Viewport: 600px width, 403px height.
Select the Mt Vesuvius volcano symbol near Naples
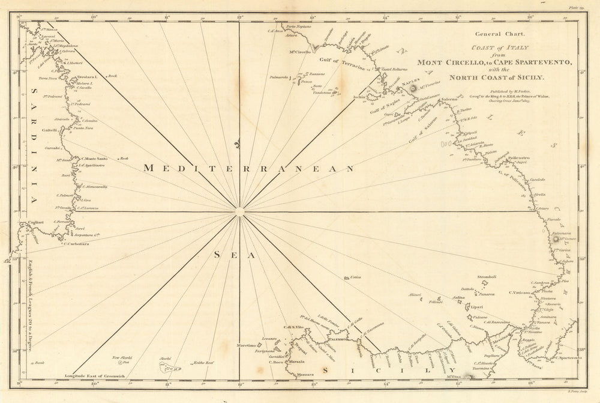click(x=413, y=89)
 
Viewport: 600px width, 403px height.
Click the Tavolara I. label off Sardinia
click(x=88, y=78)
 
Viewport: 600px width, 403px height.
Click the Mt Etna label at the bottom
click(x=450, y=376)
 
